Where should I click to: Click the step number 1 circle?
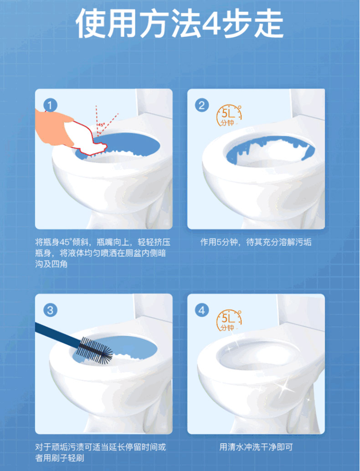tap(50, 105)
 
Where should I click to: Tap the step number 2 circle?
tap(202, 105)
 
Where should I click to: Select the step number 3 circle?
tap(50, 311)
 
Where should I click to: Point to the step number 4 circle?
tap(202, 311)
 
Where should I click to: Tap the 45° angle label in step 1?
tap(101, 124)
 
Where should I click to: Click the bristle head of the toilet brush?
tap(95, 350)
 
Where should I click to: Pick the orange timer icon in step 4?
tap(229, 320)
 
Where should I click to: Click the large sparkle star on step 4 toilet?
tap(283, 387)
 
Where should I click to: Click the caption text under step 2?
tap(256, 243)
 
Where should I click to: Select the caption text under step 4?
tap(256, 447)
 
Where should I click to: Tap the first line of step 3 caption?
tap(101, 447)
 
